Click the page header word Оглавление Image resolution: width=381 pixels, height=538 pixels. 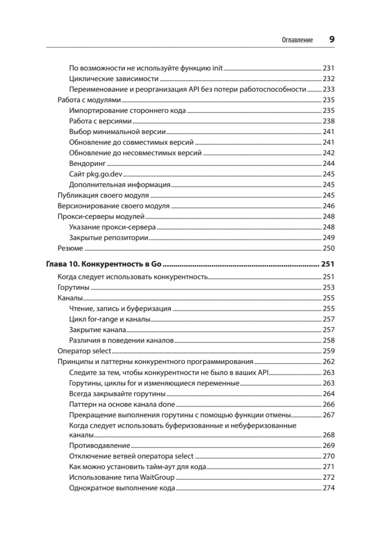297,40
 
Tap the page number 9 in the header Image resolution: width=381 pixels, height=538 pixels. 332,39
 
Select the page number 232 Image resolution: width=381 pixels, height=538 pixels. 329,79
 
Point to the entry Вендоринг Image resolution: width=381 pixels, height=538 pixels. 85,163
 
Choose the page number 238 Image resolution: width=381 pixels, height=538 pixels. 329,121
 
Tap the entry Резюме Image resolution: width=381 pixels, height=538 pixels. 70,248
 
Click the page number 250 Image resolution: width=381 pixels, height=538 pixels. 329,248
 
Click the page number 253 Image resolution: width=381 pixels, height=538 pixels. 329,287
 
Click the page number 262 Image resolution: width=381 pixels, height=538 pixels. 329,362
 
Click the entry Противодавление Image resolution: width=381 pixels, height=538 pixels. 100,446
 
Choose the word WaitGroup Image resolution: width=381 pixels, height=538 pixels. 158,477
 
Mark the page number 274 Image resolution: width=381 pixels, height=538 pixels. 329,488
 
